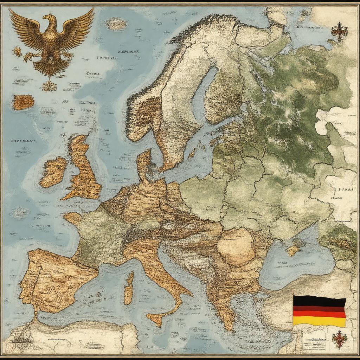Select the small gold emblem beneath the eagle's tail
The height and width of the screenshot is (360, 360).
tap(49, 85)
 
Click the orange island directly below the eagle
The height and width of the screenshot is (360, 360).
tap(24, 102)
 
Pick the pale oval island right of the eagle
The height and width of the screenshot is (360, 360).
tap(116, 24)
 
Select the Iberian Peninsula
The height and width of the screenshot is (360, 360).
tap(53, 278)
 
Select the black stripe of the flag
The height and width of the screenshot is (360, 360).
tap(319, 301)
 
